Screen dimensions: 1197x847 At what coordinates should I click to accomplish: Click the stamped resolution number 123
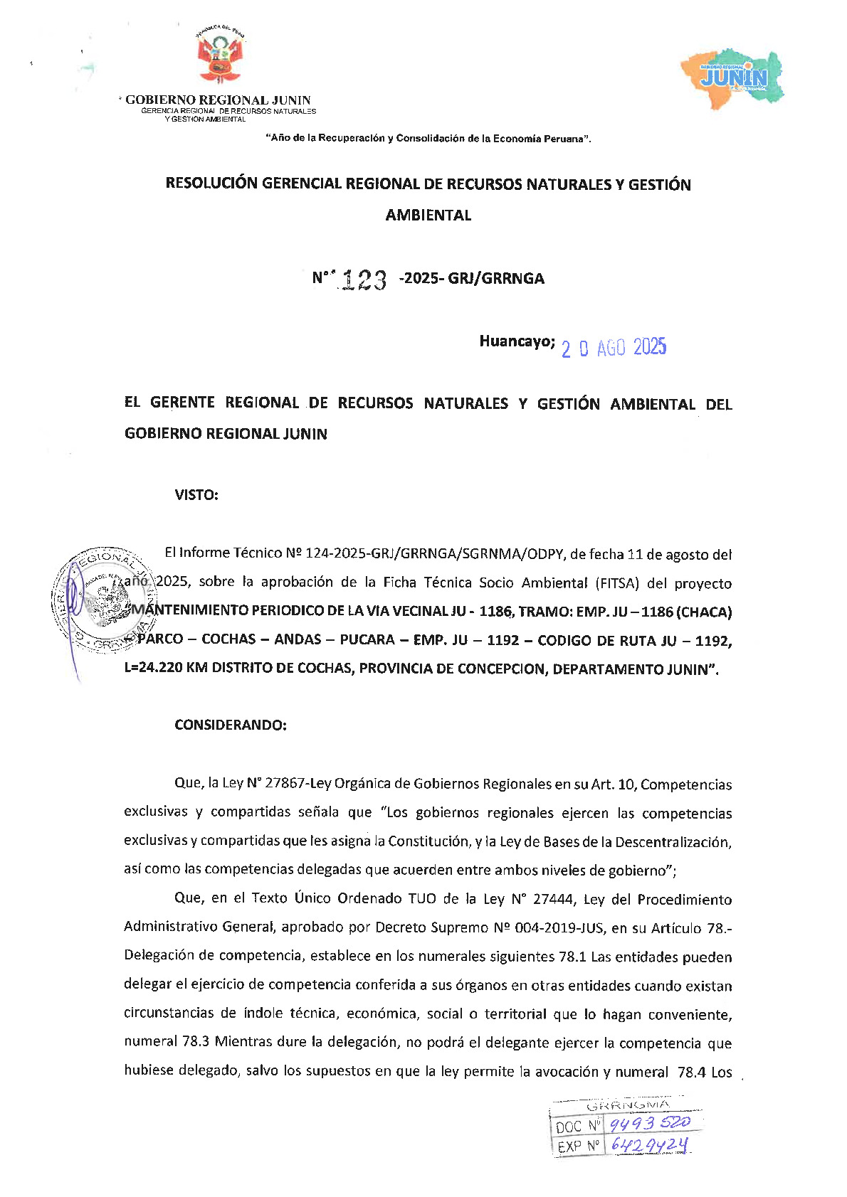364,280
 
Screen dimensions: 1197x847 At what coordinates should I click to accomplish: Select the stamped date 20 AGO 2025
614,348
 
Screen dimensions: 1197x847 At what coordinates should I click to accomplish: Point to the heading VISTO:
196,495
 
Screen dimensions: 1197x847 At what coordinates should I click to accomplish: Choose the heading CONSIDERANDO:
231,725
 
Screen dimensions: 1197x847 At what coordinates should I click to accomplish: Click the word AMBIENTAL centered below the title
428,216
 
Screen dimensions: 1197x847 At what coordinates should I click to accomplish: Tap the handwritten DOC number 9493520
650,1123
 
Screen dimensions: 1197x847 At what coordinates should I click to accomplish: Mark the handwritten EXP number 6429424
649,1144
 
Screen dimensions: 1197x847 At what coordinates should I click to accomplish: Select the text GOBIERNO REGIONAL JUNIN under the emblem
218,100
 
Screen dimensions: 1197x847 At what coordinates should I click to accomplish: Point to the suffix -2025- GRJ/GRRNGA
472,279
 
